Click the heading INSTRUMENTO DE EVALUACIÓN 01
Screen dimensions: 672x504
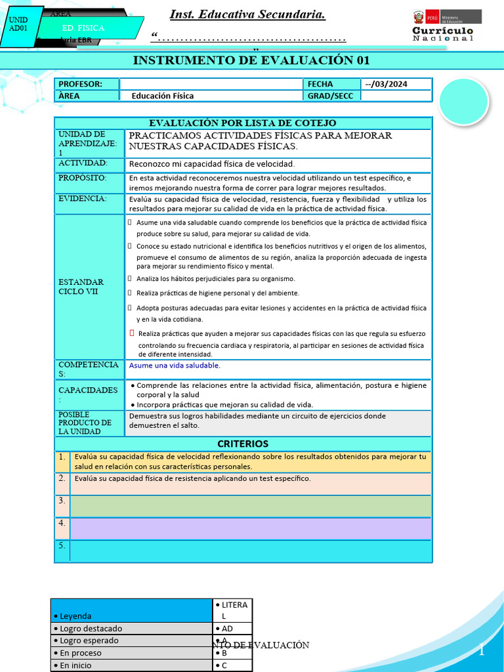pyautogui.click(x=251, y=61)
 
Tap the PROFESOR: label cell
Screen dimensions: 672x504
pyautogui.click(x=87, y=84)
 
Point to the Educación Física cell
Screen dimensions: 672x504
pyautogui.click(x=163, y=96)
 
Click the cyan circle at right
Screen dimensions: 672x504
pyautogui.click(x=464, y=101)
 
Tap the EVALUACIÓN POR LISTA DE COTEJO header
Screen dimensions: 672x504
pyautogui.click(x=243, y=123)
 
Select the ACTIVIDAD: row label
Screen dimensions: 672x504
pyautogui.click(x=83, y=163)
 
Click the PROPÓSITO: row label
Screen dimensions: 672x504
pyautogui.click(x=83, y=178)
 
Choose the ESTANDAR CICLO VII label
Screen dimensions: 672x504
pyautogui.click(x=81, y=286)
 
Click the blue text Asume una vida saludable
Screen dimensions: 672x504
pyautogui.click(x=175, y=366)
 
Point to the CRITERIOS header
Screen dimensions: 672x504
pyautogui.click(x=243, y=444)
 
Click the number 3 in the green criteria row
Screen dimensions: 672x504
pyautogui.click(x=62, y=501)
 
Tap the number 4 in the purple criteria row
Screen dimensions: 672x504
pyautogui.click(x=62, y=524)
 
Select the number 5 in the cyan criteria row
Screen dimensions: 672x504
pyautogui.click(x=62, y=546)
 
